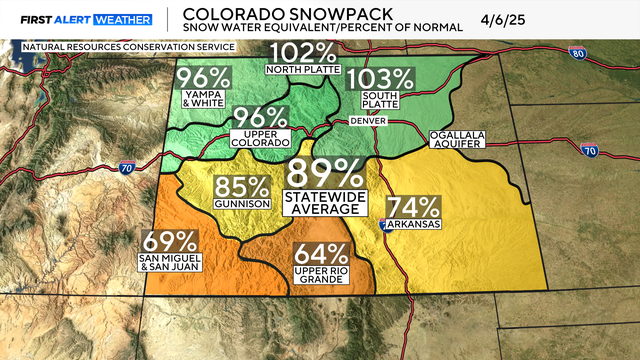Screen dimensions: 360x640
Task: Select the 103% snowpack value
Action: (x=380, y=77)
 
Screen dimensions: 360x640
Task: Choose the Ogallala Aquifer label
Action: (x=456, y=139)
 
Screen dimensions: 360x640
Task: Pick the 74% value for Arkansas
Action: (x=413, y=208)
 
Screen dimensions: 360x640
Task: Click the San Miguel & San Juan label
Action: (x=168, y=263)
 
